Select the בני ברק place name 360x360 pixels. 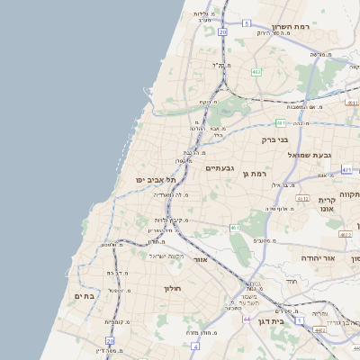(274, 139)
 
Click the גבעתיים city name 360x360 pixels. (220, 168)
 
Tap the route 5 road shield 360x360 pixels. (246, 24)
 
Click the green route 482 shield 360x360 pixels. (256, 71)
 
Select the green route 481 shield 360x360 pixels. (282, 122)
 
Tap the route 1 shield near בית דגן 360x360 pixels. (299, 308)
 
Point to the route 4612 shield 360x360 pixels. (302, 199)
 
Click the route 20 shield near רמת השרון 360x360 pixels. (222, 31)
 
